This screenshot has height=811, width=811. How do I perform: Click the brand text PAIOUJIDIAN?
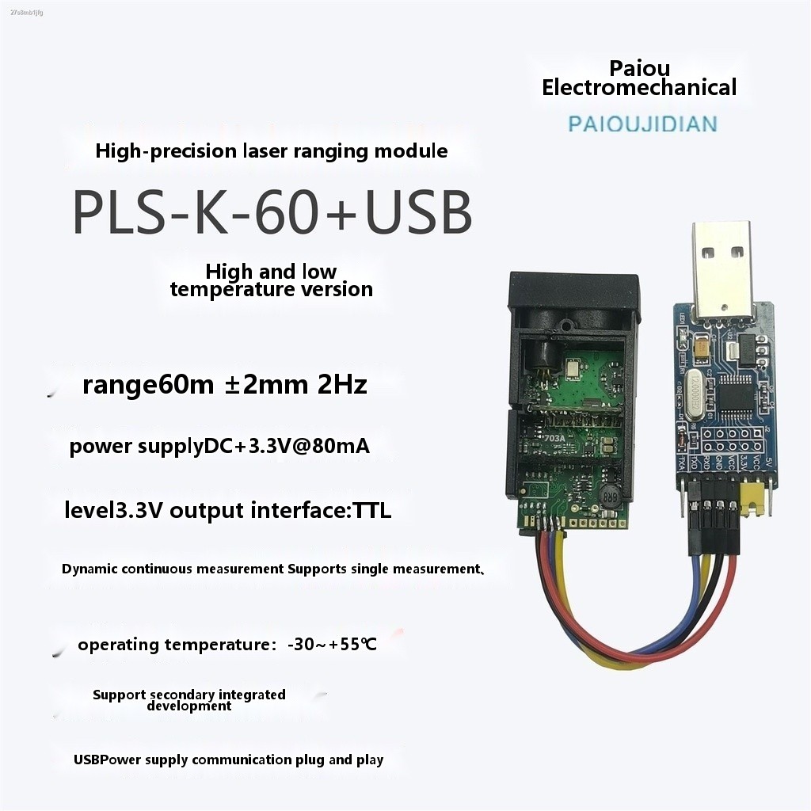click(642, 124)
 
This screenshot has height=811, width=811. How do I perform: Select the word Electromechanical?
click(639, 87)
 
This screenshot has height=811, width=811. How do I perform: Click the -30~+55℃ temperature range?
click(332, 645)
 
